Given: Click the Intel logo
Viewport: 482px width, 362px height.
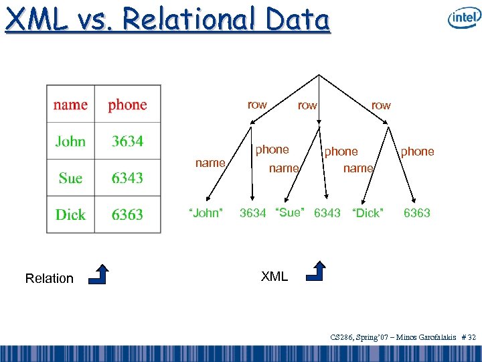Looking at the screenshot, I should pos(464,18).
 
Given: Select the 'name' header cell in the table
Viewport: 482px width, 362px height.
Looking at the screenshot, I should pos(70,105).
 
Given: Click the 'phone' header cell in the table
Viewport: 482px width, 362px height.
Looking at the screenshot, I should pos(127,105).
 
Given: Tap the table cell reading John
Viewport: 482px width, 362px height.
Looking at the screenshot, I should pos(70,141).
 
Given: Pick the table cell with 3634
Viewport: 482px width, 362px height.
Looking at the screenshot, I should pos(127,141).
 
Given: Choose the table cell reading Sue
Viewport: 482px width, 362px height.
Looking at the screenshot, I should pos(70,178).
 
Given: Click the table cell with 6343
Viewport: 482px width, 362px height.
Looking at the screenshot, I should pos(127,178).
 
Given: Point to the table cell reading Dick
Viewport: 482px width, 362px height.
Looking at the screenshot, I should pos(70,215).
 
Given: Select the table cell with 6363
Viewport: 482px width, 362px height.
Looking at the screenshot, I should pos(127,215).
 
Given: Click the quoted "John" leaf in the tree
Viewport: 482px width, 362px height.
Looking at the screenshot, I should pos(206,213).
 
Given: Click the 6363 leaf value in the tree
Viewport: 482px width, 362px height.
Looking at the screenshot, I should pos(416,213).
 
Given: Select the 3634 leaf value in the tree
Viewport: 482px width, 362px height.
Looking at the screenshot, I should pos(252,213).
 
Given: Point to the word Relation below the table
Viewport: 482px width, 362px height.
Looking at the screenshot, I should pos(49,278).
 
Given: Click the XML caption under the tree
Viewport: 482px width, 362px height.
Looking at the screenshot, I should pos(274,276).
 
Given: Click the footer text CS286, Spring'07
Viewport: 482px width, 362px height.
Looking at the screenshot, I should pos(360,337).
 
